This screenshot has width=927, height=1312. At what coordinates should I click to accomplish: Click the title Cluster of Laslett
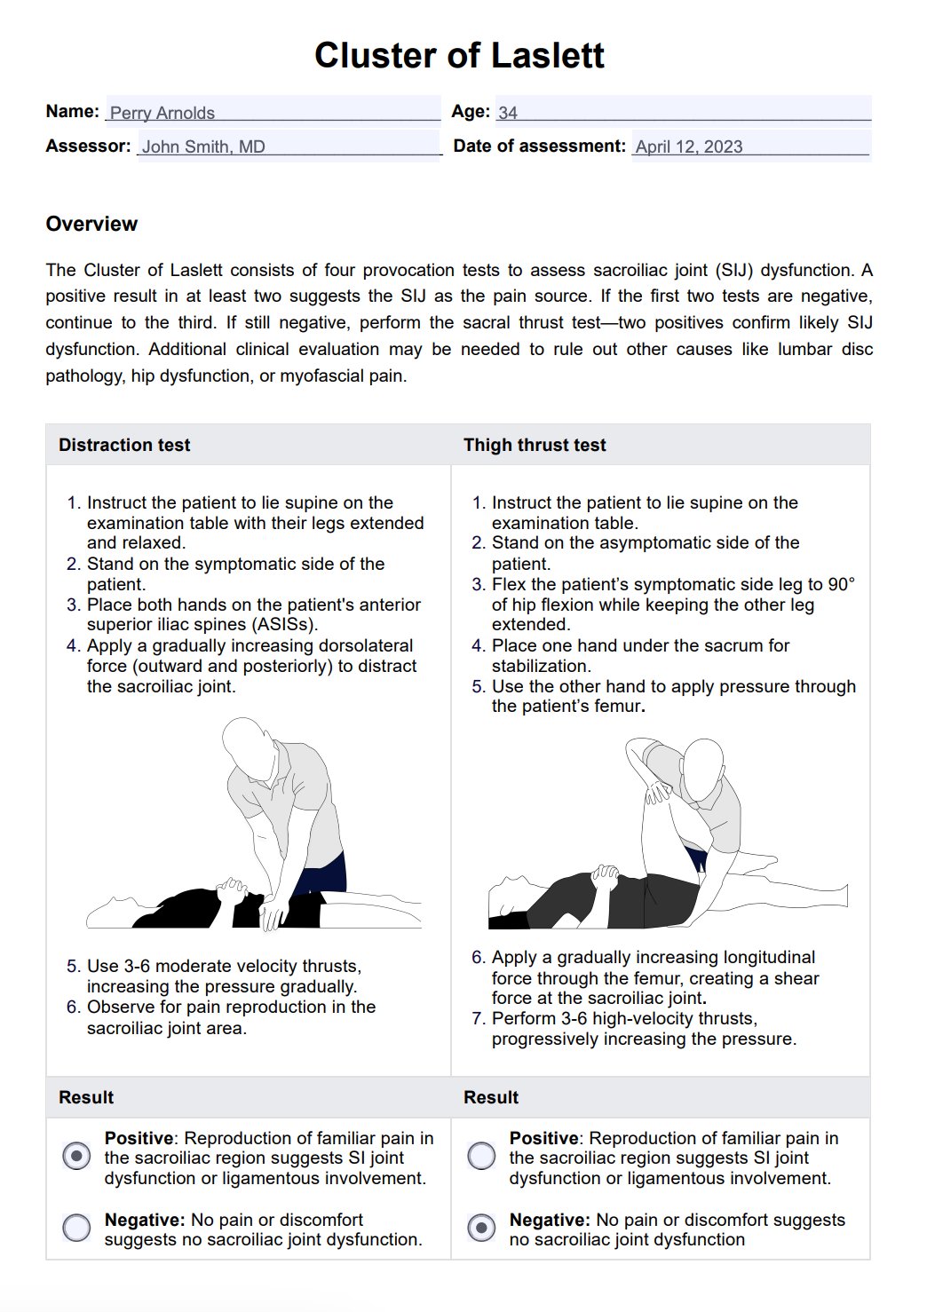[x=459, y=55]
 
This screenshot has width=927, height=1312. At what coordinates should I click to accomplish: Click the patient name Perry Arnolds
[x=162, y=113]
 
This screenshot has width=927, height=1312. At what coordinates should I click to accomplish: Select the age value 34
[x=508, y=113]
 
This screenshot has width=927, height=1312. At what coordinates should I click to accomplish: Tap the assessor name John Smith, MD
[x=203, y=146]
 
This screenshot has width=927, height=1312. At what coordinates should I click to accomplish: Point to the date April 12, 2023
[x=689, y=146]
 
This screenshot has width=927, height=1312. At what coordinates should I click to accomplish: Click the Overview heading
[x=91, y=224]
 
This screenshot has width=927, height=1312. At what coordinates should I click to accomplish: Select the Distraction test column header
[x=124, y=445]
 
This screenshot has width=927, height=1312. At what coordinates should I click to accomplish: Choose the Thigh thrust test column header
[x=535, y=445]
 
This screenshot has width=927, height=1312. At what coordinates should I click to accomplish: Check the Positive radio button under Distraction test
[x=77, y=1156]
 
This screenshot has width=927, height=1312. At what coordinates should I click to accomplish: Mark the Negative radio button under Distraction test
[x=77, y=1227]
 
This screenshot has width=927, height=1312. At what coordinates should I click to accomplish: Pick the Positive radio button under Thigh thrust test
[x=481, y=1156]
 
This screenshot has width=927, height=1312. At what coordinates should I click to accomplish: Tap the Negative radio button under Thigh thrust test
[x=481, y=1227]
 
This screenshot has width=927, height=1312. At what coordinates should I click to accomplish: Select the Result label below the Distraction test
[x=86, y=1097]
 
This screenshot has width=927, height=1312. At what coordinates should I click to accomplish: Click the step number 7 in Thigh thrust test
[x=478, y=1018]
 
